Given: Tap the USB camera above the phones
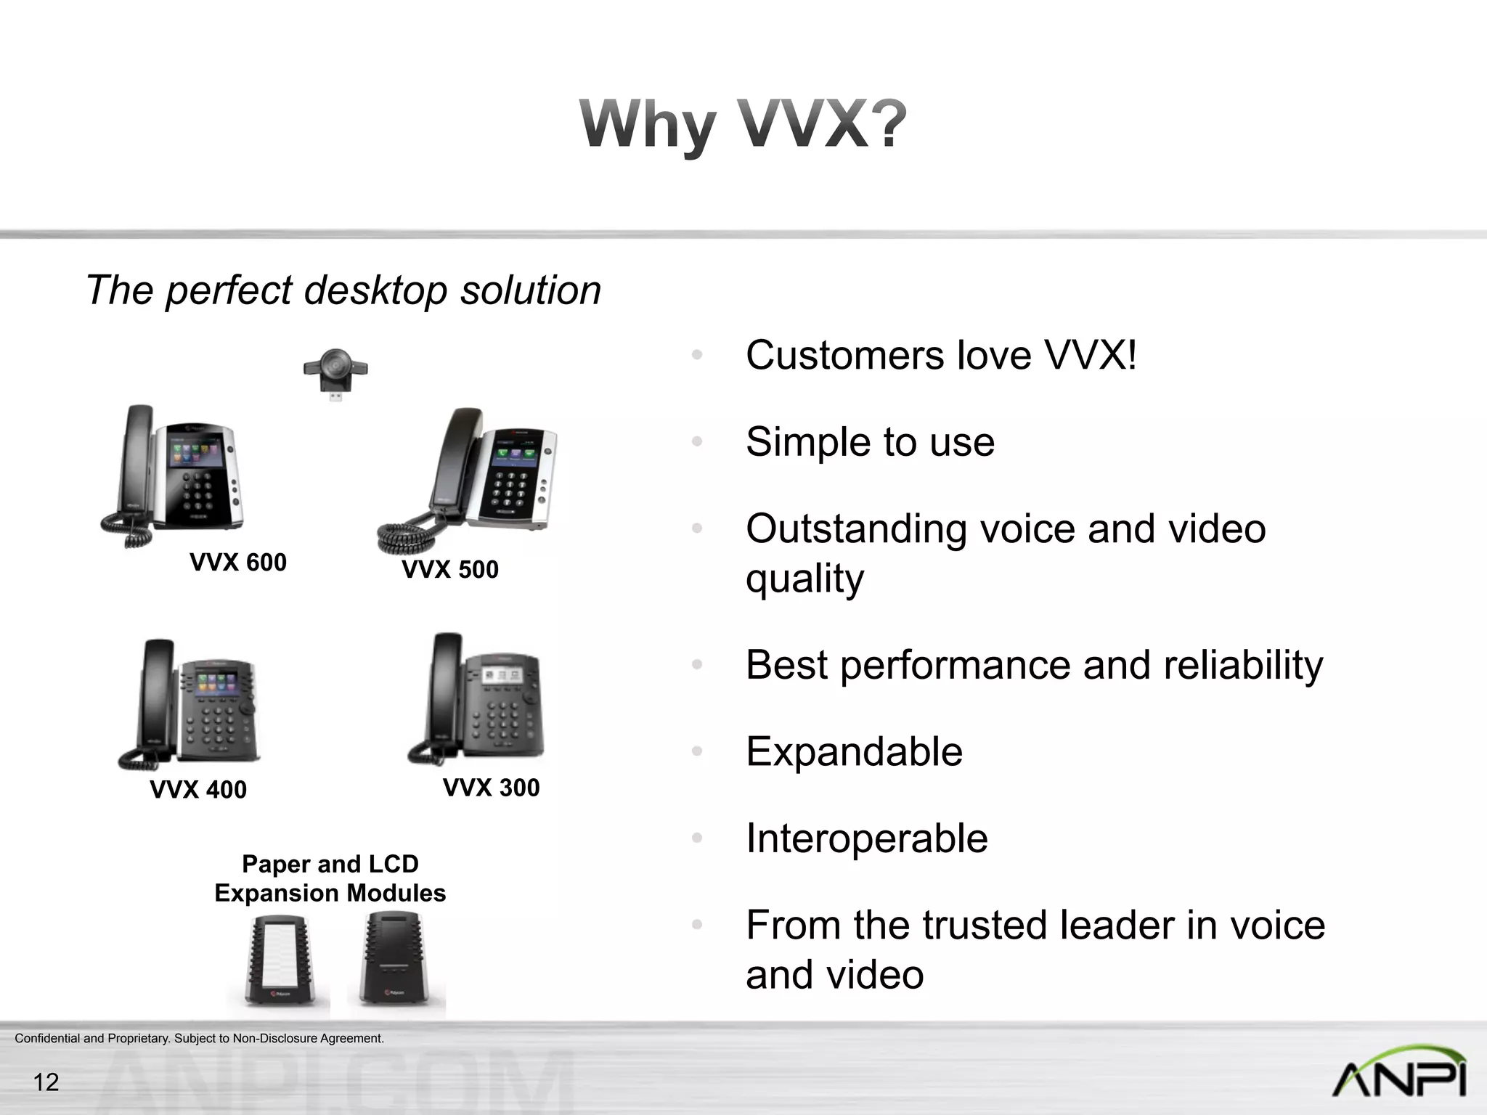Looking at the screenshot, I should click(x=335, y=372).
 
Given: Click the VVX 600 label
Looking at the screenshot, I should click(x=238, y=562).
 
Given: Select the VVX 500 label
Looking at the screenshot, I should click(x=450, y=569).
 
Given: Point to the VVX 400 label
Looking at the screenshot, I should click(x=198, y=789).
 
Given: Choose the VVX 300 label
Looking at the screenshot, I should click(x=492, y=788).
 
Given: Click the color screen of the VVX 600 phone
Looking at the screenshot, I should click(x=195, y=454).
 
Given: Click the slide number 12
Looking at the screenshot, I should click(x=46, y=1082).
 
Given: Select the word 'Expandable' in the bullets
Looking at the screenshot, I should click(x=854, y=751).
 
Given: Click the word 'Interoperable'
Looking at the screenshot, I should click(x=867, y=838).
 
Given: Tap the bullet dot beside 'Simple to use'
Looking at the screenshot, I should click(x=697, y=441).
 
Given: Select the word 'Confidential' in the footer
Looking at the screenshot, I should click(x=47, y=1038).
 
